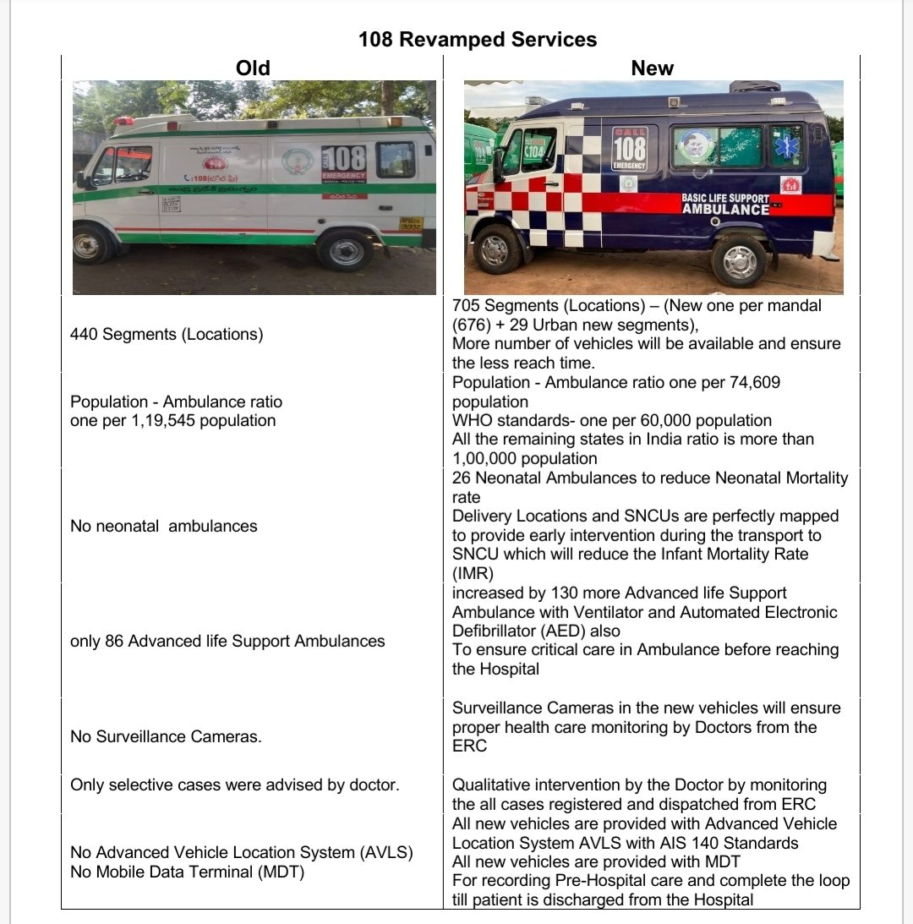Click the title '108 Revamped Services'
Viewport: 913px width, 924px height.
(x=477, y=39)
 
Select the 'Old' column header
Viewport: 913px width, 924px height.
(x=253, y=68)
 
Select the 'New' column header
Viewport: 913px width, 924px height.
(x=652, y=68)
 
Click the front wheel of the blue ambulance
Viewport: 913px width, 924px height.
(x=495, y=249)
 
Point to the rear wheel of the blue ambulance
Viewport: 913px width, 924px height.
(x=738, y=261)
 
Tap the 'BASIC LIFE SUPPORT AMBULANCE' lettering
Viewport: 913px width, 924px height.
(x=726, y=204)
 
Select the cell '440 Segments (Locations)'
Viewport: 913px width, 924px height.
(x=167, y=335)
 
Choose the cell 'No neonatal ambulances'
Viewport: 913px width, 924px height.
(x=164, y=526)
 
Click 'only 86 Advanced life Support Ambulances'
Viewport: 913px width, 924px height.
(x=227, y=641)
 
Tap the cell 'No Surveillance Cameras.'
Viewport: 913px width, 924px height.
(x=166, y=736)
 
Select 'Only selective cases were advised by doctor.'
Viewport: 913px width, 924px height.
(x=234, y=785)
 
